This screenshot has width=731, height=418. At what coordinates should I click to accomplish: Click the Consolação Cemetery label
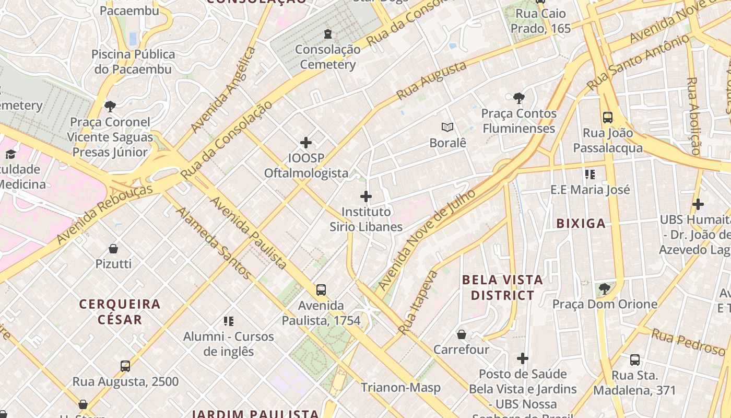click(327, 57)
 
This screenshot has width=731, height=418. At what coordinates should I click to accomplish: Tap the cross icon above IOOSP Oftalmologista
click(306, 143)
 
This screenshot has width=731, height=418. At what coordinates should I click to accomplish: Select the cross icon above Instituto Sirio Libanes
click(366, 196)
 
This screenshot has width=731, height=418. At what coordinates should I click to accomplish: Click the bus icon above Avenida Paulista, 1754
click(321, 290)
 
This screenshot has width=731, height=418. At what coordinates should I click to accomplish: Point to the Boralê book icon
click(447, 127)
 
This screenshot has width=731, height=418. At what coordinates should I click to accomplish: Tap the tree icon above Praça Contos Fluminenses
click(519, 98)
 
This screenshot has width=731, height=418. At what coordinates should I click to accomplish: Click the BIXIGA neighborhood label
click(581, 224)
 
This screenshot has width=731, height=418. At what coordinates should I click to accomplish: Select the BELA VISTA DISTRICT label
click(502, 287)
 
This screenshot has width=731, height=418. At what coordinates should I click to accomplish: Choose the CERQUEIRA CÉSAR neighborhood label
click(120, 311)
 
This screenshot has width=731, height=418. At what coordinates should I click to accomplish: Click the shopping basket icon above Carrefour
click(462, 334)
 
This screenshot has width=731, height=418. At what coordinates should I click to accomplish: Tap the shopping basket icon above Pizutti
click(113, 249)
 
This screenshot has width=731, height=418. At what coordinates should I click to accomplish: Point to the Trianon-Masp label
click(400, 388)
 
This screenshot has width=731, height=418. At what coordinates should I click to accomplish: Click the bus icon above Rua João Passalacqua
click(608, 117)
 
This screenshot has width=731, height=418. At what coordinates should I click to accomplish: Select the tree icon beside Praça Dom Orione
click(605, 288)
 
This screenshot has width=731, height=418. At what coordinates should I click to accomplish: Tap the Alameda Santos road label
click(214, 242)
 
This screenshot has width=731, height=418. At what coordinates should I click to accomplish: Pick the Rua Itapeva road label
click(417, 302)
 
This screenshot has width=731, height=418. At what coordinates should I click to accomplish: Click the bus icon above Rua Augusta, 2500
click(125, 366)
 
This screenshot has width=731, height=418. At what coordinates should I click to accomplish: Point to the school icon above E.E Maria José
click(590, 175)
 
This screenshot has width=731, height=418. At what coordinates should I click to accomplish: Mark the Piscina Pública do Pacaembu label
click(133, 62)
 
